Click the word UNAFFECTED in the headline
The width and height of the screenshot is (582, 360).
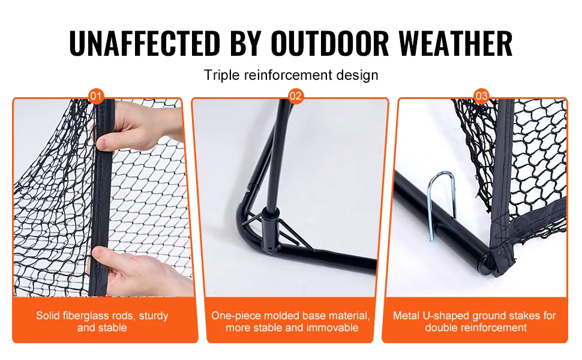145,43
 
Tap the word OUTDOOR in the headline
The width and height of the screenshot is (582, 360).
329,43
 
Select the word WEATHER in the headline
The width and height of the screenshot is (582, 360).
455,43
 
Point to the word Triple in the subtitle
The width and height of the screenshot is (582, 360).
221,75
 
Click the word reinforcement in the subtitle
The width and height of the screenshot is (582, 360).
288,75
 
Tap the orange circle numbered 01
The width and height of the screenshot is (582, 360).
96,97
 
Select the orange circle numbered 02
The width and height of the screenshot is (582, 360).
295,97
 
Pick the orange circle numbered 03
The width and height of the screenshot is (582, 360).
481,97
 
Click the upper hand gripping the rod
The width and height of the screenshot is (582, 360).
137,126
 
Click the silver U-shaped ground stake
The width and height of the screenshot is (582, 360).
440,204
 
